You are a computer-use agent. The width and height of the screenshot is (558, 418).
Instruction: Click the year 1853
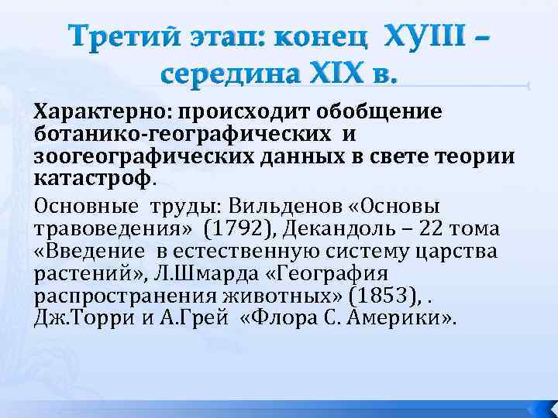pos(377,296)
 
